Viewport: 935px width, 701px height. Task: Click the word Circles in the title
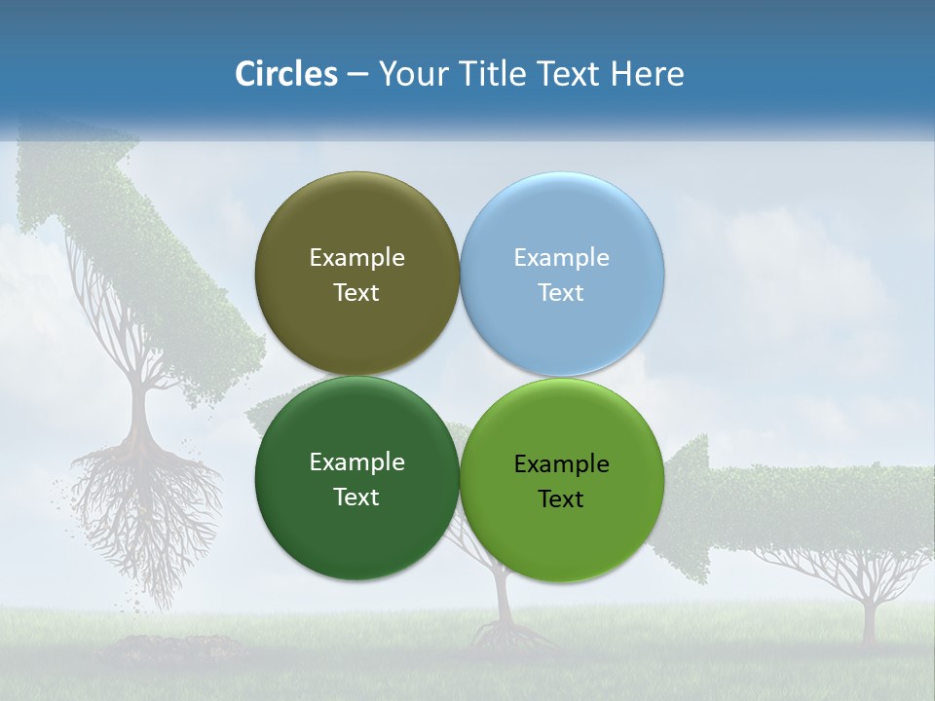pos(285,73)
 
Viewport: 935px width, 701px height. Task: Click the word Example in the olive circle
pos(356,257)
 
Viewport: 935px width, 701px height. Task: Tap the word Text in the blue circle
pos(561,292)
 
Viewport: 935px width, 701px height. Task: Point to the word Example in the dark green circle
pos(356,461)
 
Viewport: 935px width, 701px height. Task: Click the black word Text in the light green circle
pos(561,498)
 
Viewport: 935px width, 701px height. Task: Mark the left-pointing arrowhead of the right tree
pos(682,506)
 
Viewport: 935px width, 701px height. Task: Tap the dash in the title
pos(356,74)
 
